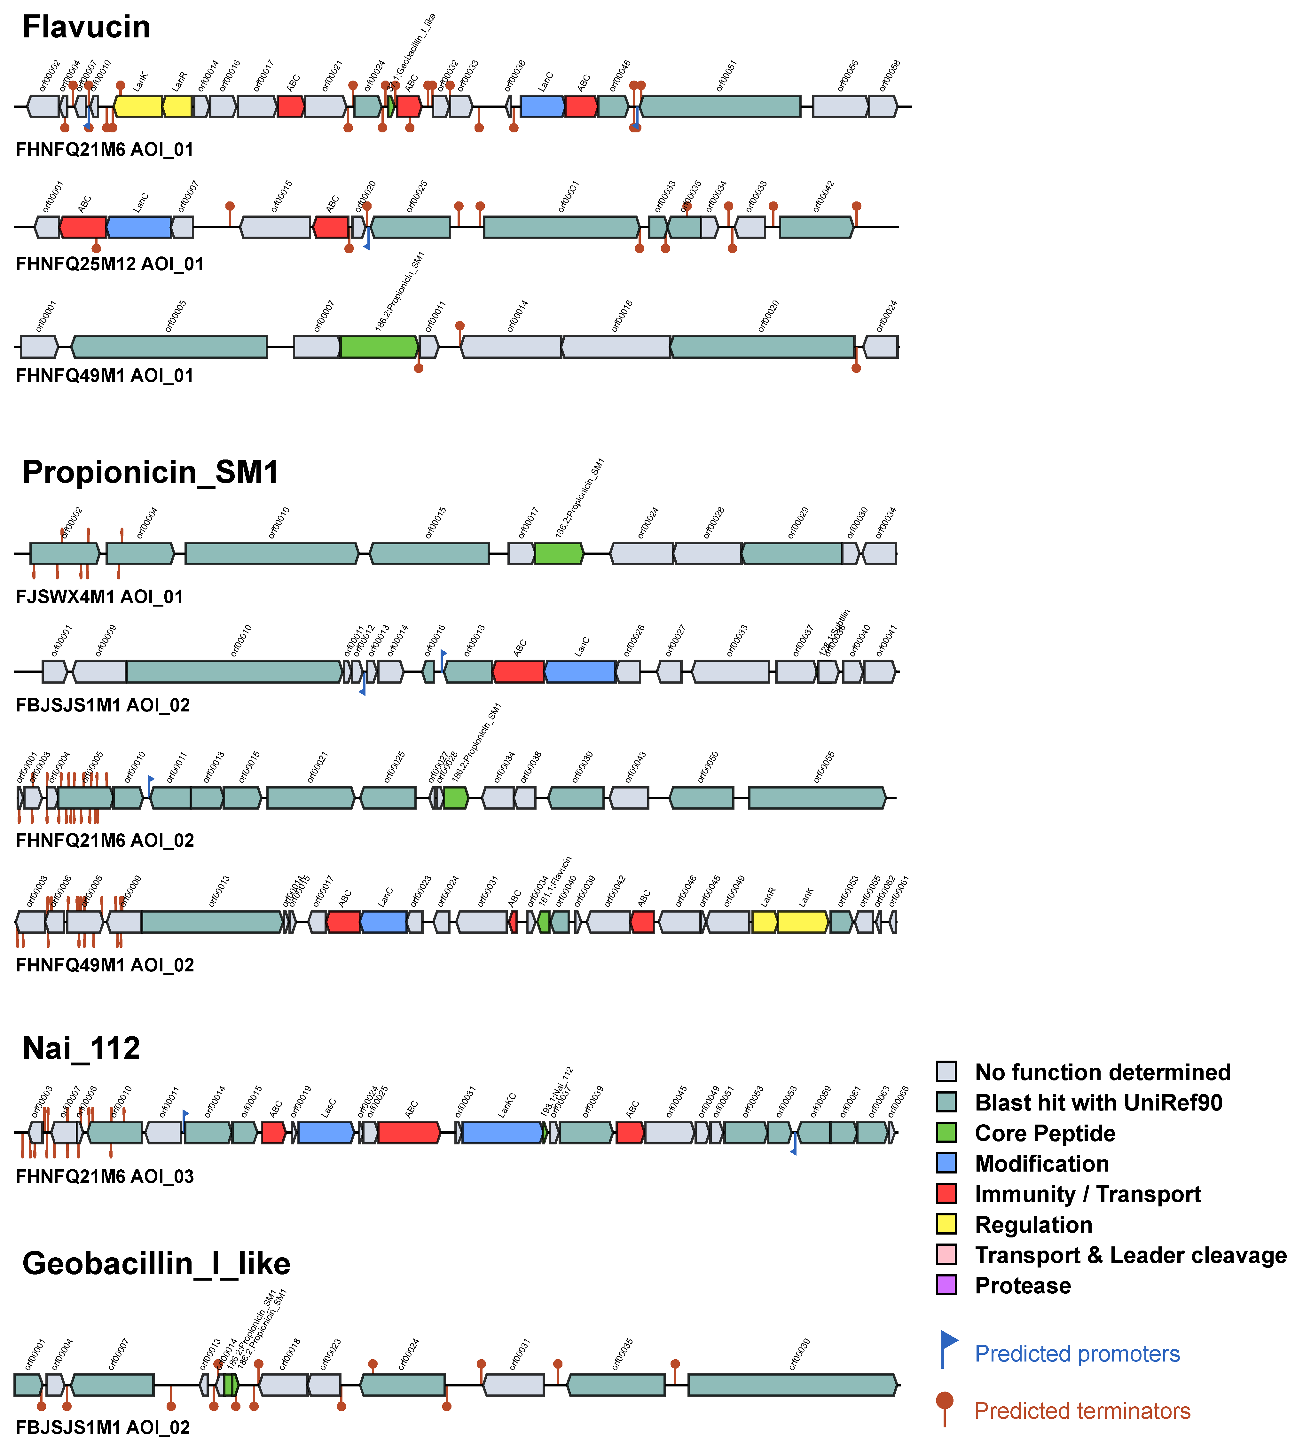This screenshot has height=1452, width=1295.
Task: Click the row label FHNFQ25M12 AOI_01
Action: [110, 264]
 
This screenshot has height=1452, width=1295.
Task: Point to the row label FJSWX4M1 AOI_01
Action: [99, 597]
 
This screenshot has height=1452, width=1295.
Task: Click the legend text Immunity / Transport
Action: [1087, 1194]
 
